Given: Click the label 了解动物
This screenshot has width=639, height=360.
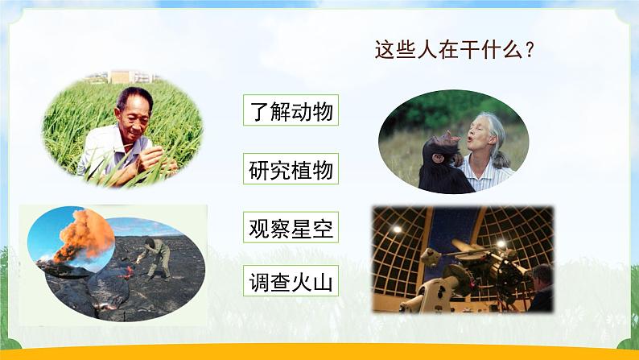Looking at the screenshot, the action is (291, 110).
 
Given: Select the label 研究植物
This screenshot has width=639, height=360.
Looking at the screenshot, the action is (291, 169).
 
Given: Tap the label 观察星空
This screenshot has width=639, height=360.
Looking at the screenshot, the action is (291, 227).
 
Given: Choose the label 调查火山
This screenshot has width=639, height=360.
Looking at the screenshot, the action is (291, 281).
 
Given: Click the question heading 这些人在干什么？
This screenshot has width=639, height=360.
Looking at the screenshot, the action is (455, 50).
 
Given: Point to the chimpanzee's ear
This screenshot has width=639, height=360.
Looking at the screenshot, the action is (438, 157).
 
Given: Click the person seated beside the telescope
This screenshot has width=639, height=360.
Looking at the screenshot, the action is (541, 288).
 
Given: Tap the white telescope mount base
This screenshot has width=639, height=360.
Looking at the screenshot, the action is (429, 293).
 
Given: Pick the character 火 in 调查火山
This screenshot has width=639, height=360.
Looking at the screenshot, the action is (302, 282).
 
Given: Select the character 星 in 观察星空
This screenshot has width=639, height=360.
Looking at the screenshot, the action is (302, 228).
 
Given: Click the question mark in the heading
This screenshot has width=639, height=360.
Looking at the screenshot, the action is (530, 50).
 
